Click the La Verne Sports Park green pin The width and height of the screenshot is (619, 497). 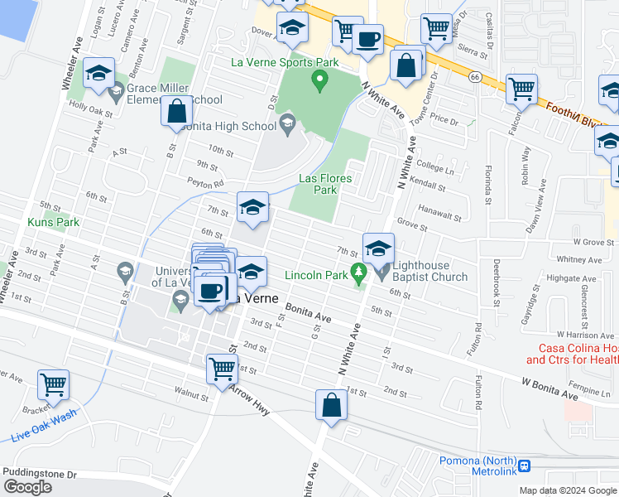(x=318, y=80)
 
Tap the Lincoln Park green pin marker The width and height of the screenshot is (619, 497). (x=358, y=272)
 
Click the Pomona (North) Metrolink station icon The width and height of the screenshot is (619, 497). (x=523, y=466)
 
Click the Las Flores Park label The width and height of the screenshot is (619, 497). (x=325, y=184)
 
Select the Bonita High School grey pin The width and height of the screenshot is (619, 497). (x=287, y=124)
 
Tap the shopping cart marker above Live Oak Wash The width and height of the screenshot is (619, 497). (x=53, y=384)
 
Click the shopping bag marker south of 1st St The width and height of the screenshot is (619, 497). (x=331, y=406)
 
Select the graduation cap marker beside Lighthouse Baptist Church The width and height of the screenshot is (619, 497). (x=377, y=248)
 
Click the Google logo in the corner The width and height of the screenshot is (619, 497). (x=27, y=487)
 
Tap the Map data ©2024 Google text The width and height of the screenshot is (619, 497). (x=567, y=490)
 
